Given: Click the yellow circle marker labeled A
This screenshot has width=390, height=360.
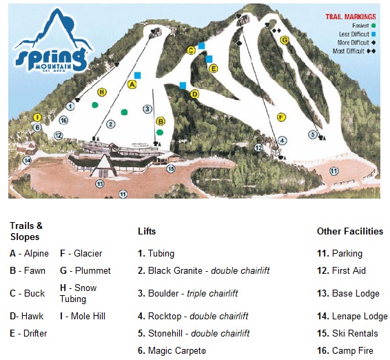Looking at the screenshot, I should pos(132,83).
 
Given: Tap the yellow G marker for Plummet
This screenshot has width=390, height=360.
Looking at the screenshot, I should pos(285,40).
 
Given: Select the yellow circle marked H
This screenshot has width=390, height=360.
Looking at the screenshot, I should pos(102,92).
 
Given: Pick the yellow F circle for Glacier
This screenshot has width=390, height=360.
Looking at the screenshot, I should pos(281,117).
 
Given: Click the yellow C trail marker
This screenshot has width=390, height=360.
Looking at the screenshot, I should pos(191,50).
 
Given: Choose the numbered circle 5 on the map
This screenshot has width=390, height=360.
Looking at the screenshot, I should pos(313,134).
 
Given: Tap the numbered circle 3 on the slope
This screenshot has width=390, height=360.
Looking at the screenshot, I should pos(147,108).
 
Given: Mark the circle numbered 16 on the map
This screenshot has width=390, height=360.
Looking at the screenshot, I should pos(63,120).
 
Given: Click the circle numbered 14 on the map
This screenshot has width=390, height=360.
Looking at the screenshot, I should pos(28,160).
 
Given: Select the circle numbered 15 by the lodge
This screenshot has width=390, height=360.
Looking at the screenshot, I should pos(171,168).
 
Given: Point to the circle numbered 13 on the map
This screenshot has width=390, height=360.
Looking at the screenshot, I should pos(100,184).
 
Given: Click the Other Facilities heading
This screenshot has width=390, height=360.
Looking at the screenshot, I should pos(349,231).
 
